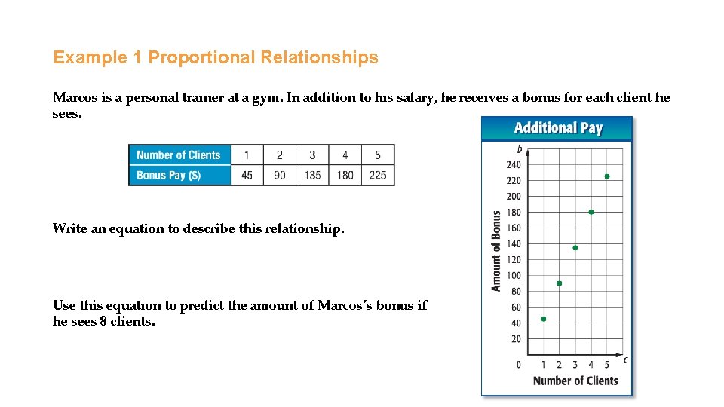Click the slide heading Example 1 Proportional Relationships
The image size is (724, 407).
[215, 57]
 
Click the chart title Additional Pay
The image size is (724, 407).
[558, 128]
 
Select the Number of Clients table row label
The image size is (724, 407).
[179, 155]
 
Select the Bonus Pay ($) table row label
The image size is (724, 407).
[168, 175]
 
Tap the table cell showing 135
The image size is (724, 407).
[312, 175]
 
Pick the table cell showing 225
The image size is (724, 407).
[378, 175]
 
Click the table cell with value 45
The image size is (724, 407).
[247, 175]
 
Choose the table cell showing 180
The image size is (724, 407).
[345, 175]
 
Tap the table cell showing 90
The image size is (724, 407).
[280, 175]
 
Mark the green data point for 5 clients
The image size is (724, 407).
[607, 176]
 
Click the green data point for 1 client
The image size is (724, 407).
[544, 319]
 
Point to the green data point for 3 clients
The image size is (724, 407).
[575, 248]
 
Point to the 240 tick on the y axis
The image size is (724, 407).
[514, 165]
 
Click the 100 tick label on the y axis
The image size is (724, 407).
[514, 276]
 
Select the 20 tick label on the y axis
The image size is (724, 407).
[516, 339]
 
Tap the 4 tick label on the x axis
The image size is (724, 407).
[591, 366]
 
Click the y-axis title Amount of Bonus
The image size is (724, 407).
[496, 251]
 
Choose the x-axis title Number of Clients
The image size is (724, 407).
[575, 381]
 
